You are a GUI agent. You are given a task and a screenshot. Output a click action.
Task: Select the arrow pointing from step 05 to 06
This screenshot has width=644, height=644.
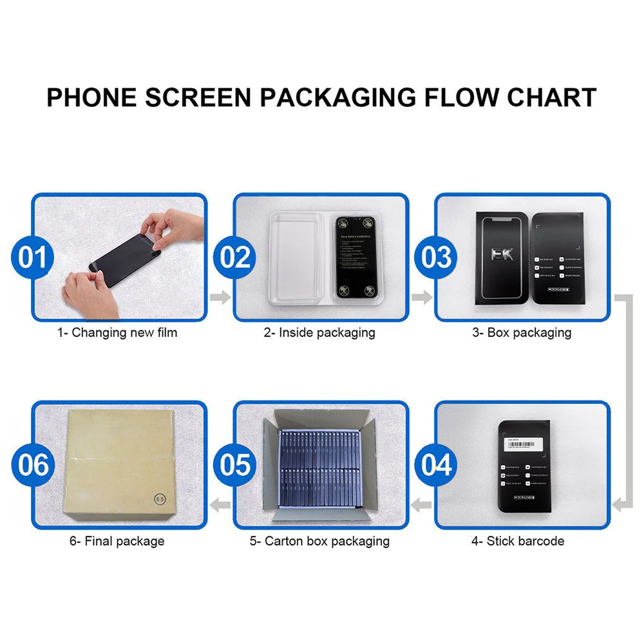(x=221, y=505)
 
